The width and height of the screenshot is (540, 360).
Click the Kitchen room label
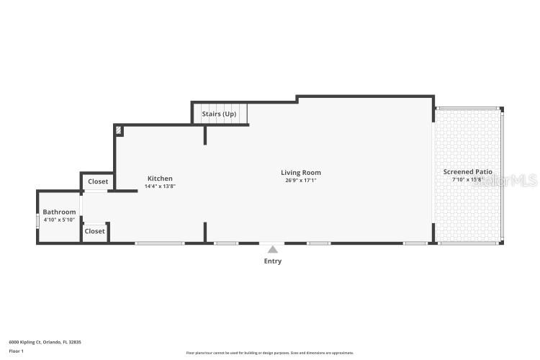(160, 179)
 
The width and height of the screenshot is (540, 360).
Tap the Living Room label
(301, 173)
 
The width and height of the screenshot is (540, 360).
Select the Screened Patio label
(467, 172)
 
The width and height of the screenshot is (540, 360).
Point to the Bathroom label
(59, 212)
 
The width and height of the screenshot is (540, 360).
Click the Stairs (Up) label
(219, 114)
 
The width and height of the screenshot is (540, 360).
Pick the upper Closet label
(98, 182)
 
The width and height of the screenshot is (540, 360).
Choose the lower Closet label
(95, 232)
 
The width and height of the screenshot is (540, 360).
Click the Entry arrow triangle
(272, 249)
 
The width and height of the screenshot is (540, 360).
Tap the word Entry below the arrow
(272, 261)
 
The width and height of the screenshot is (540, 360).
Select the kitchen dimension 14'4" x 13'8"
(160, 186)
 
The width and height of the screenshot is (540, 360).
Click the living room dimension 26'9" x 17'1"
(301, 181)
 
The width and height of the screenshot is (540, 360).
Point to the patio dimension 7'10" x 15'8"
(467, 180)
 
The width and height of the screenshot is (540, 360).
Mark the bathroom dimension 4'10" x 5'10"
(59, 220)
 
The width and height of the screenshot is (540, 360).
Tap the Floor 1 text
(16, 351)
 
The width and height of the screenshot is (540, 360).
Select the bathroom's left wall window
(37, 220)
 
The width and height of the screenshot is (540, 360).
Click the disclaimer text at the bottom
(270, 353)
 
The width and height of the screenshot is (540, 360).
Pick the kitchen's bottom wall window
(159, 243)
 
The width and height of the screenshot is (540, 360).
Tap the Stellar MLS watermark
(504, 180)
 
